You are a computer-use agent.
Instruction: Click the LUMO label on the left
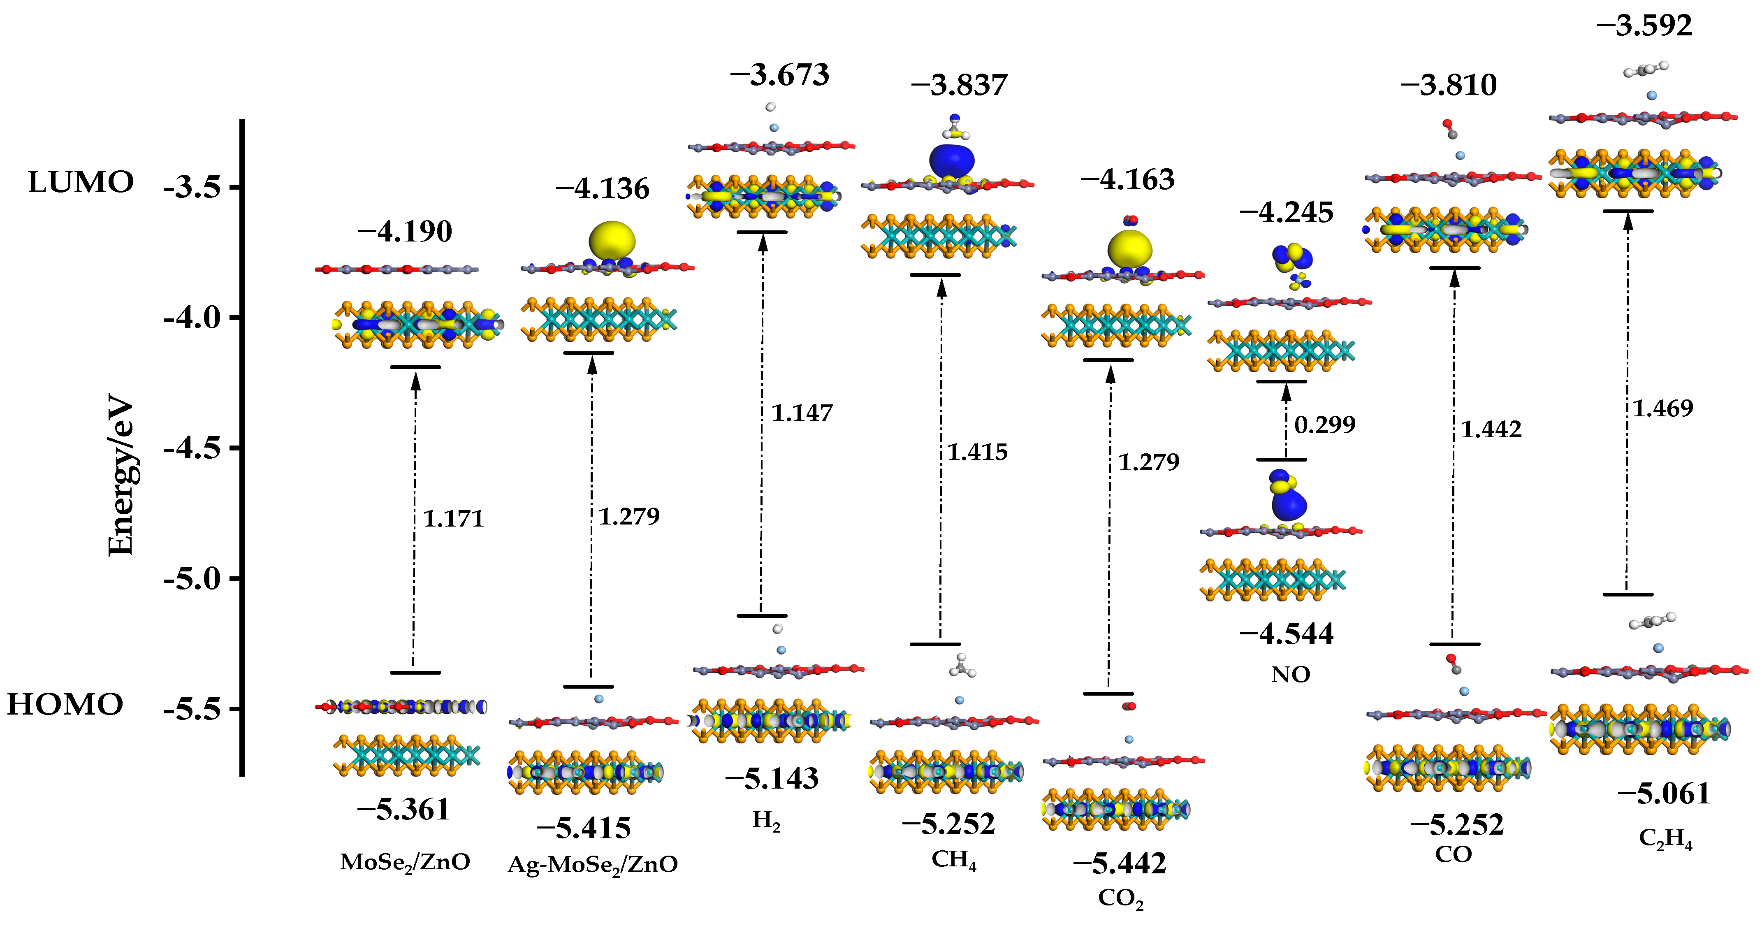pyautogui.click(x=81, y=183)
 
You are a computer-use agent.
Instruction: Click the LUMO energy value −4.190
pyautogui.click(x=405, y=232)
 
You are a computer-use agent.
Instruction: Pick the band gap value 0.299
pyautogui.click(x=1324, y=425)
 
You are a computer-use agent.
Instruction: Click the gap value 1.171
pyautogui.click(x=453, y=518)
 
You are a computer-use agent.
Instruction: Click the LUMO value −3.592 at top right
pyautogui.click(x=1644, y=26)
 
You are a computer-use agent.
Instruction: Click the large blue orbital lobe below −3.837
pyautogui.click(x=951, y=161)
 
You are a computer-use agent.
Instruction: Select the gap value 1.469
pyautogui.click(x=1662, y=408)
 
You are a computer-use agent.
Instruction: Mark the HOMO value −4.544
pyautogui.click(x=1286, y=634)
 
